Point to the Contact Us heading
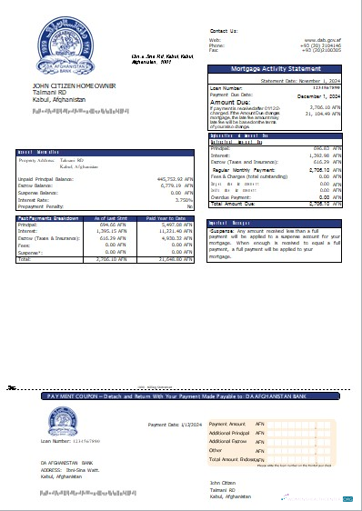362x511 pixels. coord(225,30)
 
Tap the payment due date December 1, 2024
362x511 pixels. coord(318,95)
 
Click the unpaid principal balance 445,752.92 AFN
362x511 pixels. coord(171,179)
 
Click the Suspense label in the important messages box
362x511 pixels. coord(223,231)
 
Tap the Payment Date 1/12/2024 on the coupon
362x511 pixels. coord(174,424)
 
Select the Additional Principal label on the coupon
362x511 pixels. coord(231,433)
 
